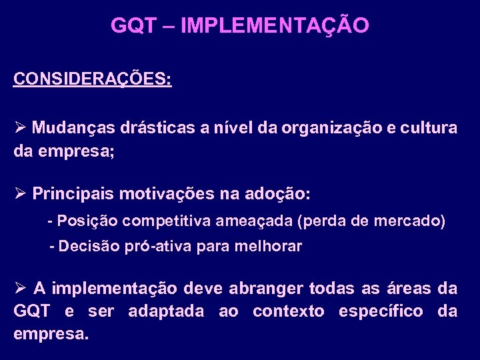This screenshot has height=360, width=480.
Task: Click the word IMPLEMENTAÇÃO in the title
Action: point(275,26)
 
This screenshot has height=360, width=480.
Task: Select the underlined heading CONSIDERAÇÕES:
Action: point(93,79)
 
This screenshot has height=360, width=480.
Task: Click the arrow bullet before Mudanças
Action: point(19,127)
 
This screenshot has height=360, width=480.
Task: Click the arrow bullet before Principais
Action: point(19,194)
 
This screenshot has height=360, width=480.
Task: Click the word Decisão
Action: point(90,246)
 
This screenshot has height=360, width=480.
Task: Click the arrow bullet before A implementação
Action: point(19,288)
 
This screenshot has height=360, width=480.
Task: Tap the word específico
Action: point(381,311)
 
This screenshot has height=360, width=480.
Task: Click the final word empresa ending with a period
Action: point(51,333)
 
